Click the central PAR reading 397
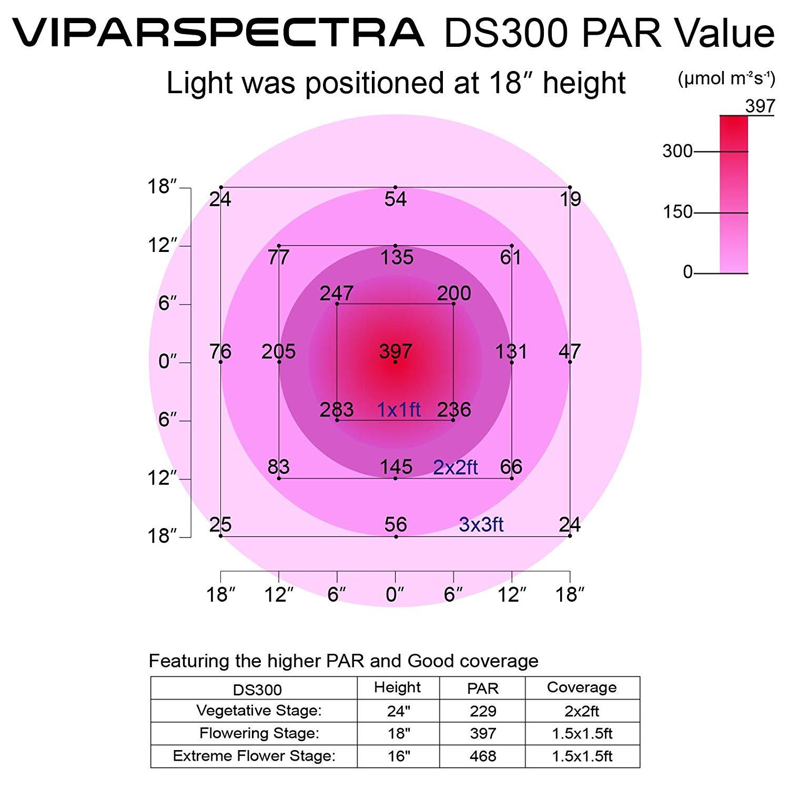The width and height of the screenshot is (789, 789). point(396,351)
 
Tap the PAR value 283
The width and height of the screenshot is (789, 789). point(337,410)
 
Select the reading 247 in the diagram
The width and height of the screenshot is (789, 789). point(337,294)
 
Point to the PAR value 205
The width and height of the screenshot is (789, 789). point(278,351)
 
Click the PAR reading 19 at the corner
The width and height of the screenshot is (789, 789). point(570,199)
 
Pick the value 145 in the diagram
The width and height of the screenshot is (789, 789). point(396,467)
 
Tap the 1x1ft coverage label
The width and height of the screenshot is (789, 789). point(399,410)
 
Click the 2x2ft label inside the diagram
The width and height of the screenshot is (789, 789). point(456,467)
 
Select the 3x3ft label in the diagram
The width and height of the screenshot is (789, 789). point(481,524)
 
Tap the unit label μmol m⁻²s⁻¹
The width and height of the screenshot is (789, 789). point(726,79)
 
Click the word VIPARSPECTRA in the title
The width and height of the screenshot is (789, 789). point(218,33)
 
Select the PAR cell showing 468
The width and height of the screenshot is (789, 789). point(483,756)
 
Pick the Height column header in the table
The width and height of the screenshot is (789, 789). point(398,687)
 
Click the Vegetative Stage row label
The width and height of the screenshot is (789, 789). point(259,711)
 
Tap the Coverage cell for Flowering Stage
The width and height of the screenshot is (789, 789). point(582,733)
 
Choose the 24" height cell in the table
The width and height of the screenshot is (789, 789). point(398,711)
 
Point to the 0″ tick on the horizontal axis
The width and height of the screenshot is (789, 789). point(394,595)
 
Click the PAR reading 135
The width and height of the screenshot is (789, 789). point(397,258)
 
